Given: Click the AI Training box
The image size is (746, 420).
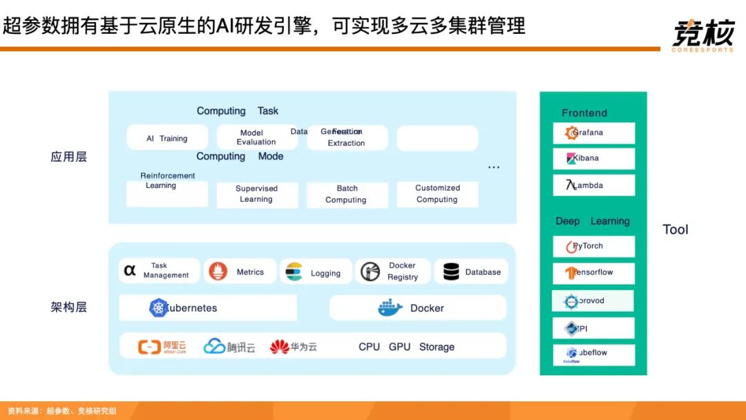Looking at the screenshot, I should [x=167, y=138].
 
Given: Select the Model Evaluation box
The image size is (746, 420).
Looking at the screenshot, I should [x=256, y=137].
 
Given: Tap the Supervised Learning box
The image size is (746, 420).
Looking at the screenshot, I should [x=257, y=194].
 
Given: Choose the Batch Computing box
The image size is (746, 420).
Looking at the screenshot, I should [x=347, y=194].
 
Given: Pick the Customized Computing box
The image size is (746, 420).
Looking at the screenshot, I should [x=437, y=194].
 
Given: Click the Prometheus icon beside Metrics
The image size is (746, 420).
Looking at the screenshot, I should [x=218, y=271].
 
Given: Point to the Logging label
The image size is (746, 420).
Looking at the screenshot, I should [x=325, y=273].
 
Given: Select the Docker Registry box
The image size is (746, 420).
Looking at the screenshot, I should [x=392, y=271].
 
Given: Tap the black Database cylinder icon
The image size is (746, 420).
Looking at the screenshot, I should [x=452, y=271].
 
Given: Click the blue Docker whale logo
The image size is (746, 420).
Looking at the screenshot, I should [x=390, y=308].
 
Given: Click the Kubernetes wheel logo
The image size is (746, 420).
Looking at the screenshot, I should [x=159, y=308].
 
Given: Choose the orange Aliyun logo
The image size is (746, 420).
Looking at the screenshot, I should [x=162, y=347].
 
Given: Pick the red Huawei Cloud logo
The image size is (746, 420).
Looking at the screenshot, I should [x=280, y=346].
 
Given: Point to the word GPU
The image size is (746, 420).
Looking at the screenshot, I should [x=399, y=347].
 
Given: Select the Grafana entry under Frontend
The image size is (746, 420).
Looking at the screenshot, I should [x=593, y=133].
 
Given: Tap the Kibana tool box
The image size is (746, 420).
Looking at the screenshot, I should [x=593, y=159].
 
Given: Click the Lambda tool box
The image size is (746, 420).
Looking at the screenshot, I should [x=593, y=185].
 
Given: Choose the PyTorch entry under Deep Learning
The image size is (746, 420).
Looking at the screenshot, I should [x=593, y=247].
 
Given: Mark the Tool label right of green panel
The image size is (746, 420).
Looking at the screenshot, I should [x=676, y=230].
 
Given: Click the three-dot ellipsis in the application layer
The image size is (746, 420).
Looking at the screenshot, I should [x=494, y=167].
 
